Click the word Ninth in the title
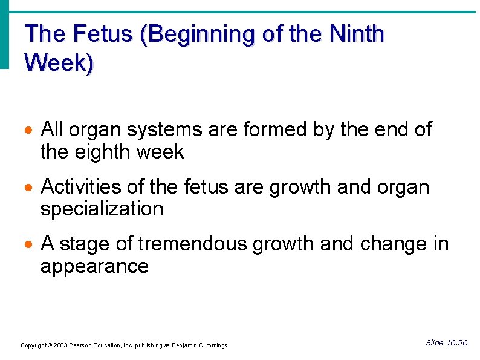click(x=358, y=34)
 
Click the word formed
click(x=277, y=129)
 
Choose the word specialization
click(x=102, y=209)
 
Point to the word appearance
click(x=94, y=266)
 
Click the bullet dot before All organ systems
click(x=29, y=130)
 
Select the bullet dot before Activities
click(x=29, y=188)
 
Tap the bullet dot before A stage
click(x=29, y=245)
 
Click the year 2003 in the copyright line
click(x=60, y=345)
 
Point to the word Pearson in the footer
click(x=82, y=345)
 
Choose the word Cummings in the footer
click(x=212, y=345)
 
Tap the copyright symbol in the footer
click(x=50, y=345)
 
